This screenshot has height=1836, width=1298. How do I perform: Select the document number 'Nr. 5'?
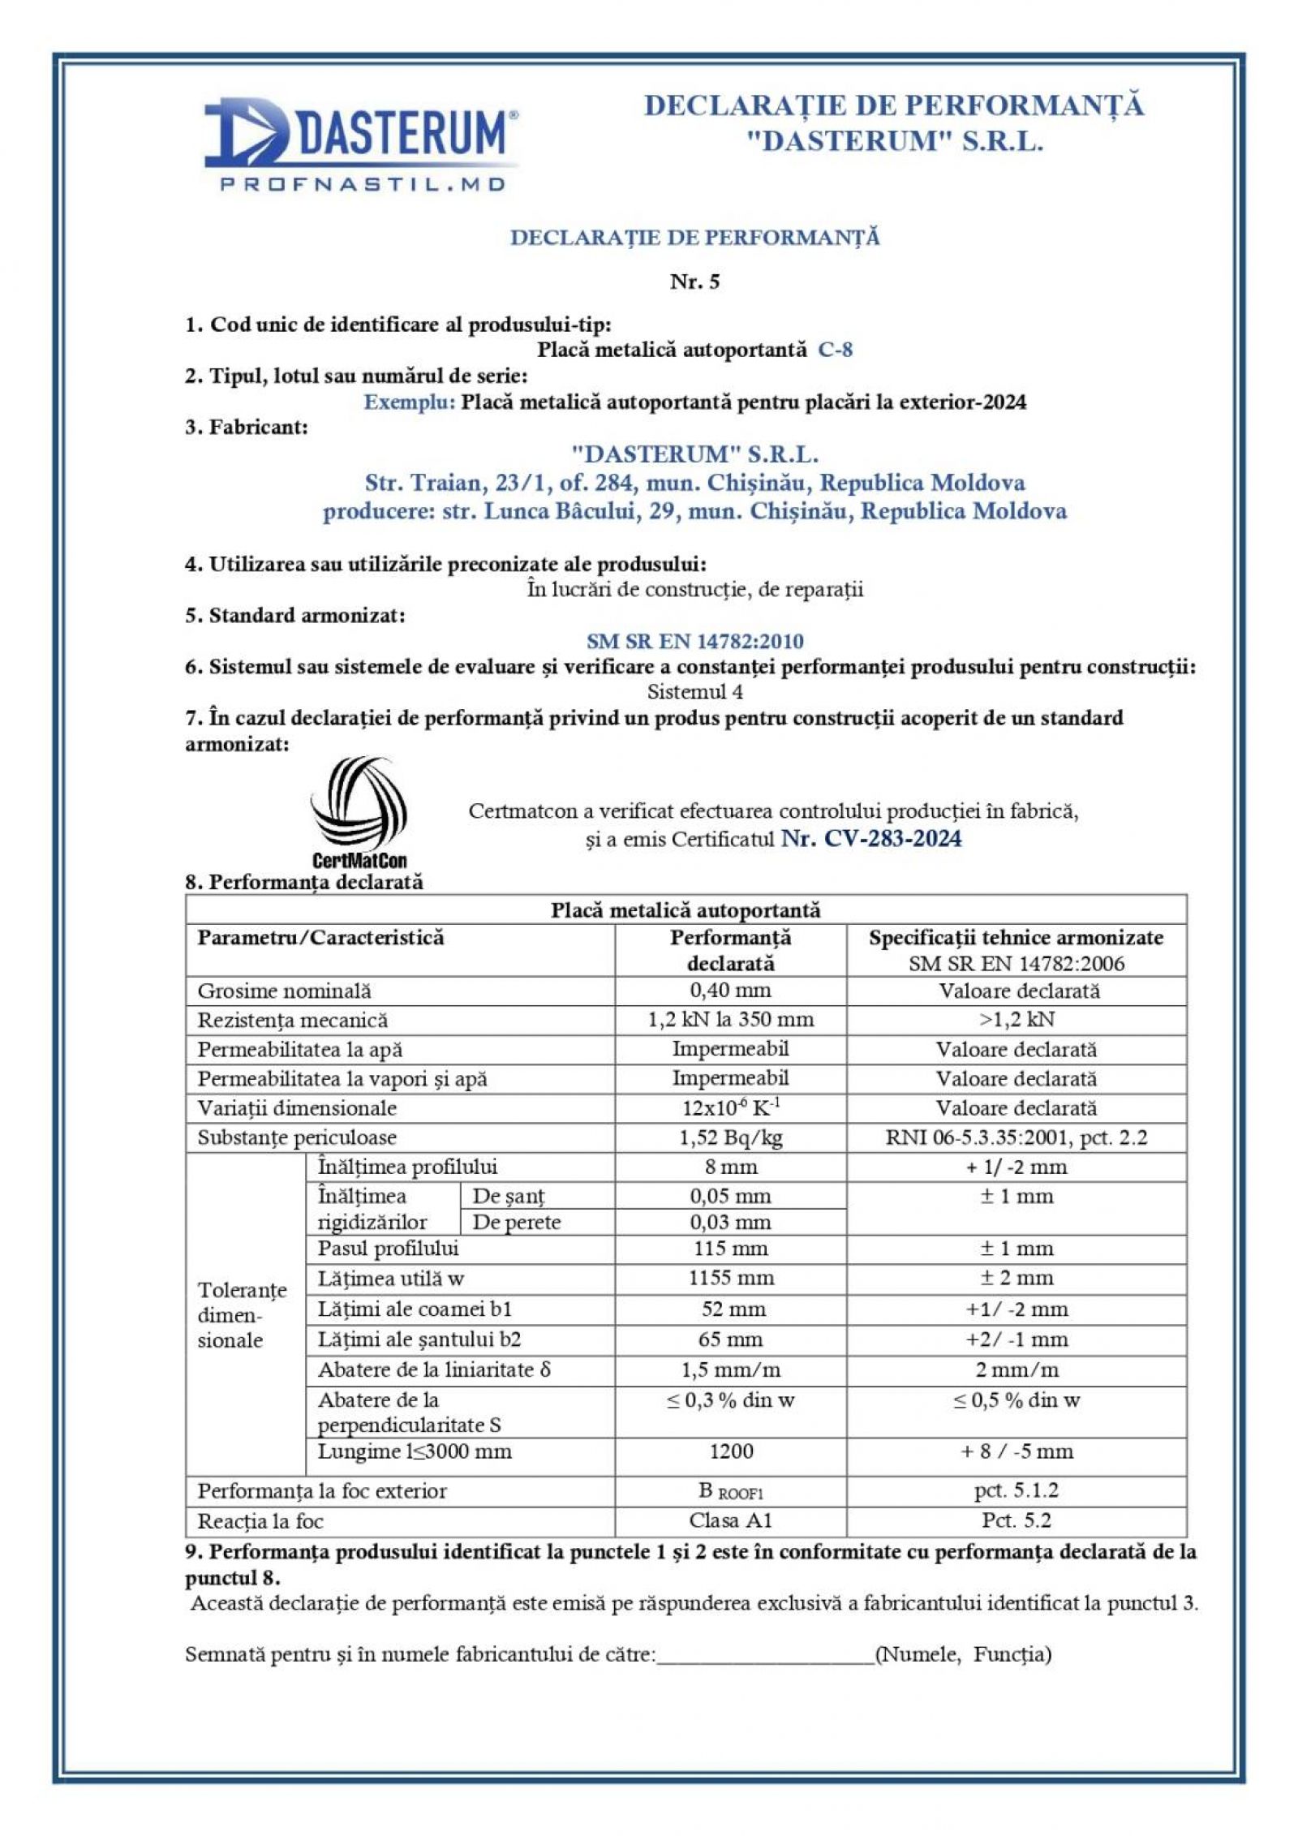tap(694, 282)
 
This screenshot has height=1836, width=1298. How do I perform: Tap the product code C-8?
tap(835, 350)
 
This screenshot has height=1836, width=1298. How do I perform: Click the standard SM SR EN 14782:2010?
tap(694, 641)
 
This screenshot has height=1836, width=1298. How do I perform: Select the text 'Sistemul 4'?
tap(694, 692)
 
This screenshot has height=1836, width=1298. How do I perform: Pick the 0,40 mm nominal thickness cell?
tap(730, 991)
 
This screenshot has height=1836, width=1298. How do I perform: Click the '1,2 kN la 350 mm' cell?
tap(730, 1020)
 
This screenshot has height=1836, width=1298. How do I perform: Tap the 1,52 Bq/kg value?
tap(730, 1137)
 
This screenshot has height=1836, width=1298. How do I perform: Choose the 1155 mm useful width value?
tap(730, 1278)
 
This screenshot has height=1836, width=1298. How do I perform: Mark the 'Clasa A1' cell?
tap(730, 1520)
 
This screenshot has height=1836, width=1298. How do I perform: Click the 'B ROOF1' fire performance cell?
tap(730, 1491)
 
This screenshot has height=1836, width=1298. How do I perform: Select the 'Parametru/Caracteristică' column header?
tap(320, 938)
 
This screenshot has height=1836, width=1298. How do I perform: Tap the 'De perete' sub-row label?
tap(516, 1222)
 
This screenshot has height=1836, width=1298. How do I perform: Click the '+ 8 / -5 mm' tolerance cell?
tap(1016, 1451)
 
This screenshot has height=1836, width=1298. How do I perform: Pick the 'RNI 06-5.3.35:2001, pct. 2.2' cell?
tap(1016, 1137)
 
